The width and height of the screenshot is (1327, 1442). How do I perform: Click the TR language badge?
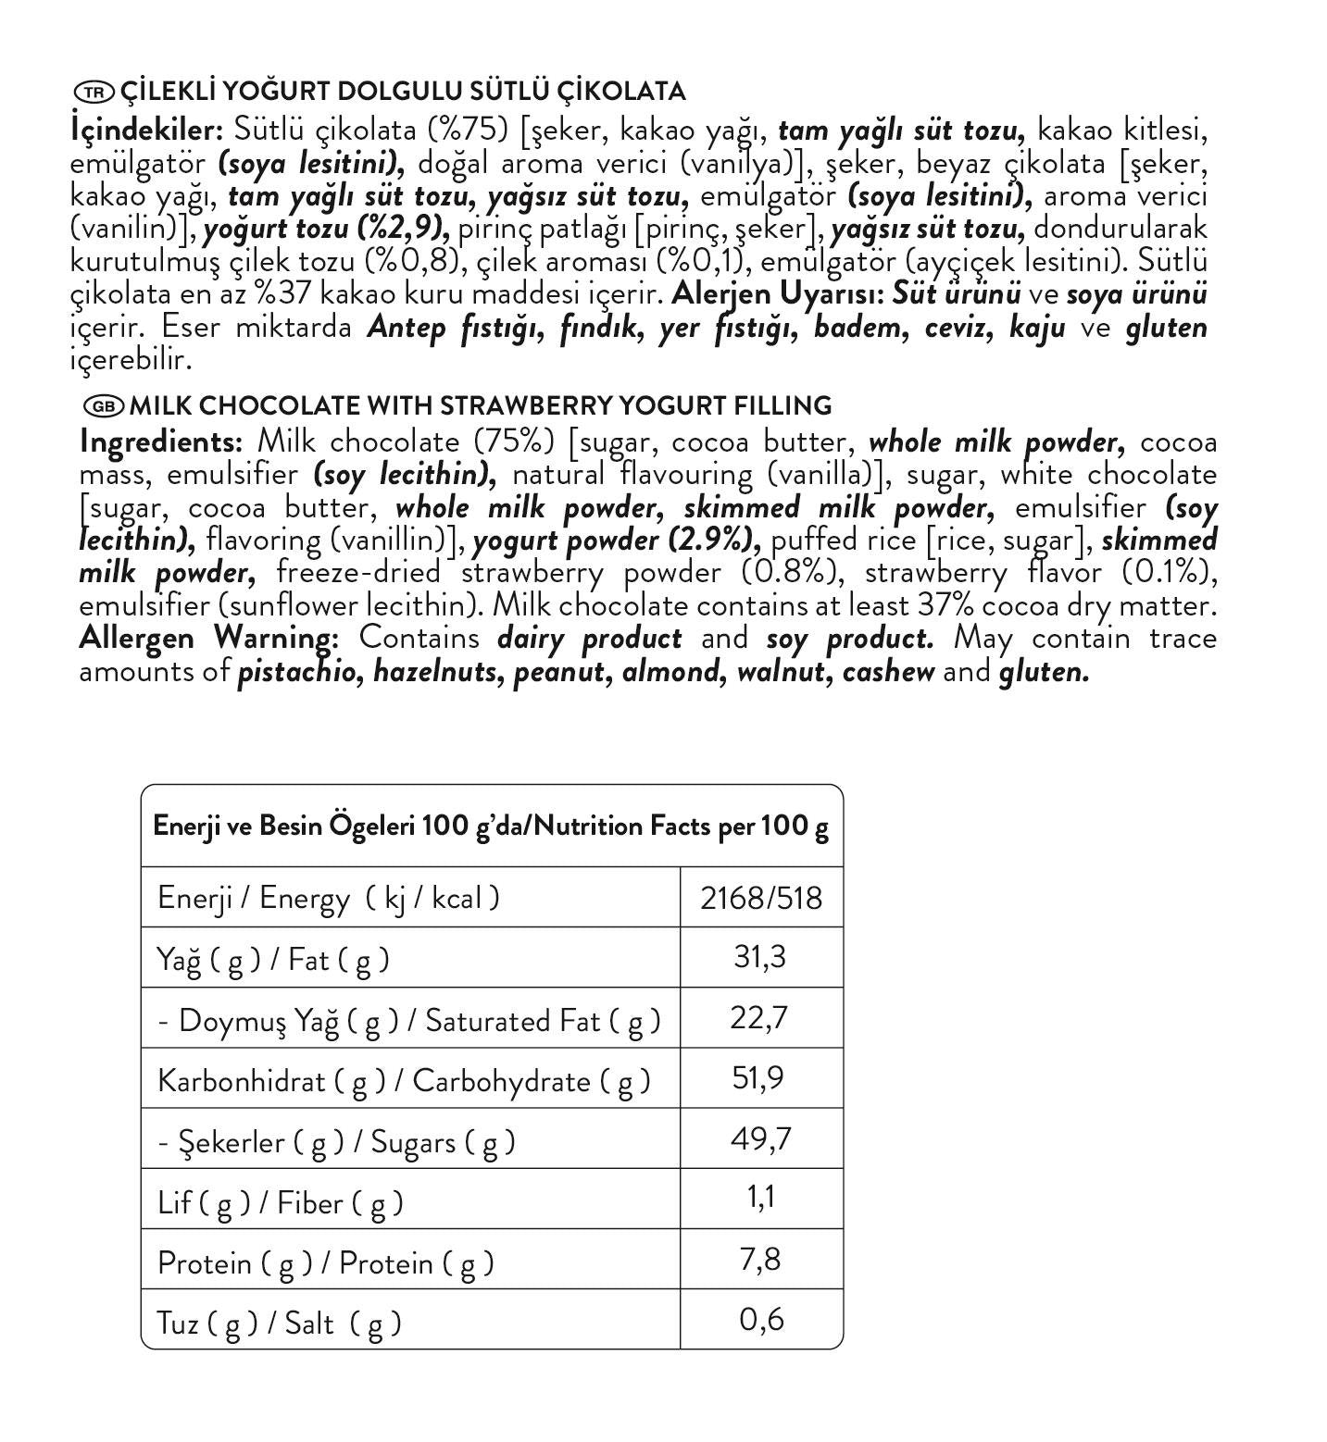tap(93, 92)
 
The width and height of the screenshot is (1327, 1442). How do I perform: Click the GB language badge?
tap(103, 406)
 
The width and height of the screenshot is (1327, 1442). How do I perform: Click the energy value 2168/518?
tap(760, 898)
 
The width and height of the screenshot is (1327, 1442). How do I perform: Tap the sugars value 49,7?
tap(760, 1138)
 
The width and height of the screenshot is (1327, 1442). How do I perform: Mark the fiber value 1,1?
tap(760, 1199)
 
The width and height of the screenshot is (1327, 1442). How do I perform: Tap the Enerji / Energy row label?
tap(328, 898)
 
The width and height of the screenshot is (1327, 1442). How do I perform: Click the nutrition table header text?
tap(491, 826)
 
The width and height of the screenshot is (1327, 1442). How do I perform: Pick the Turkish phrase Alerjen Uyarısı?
tap(778, 294)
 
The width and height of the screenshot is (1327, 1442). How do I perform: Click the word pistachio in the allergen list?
tap(299, 672)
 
